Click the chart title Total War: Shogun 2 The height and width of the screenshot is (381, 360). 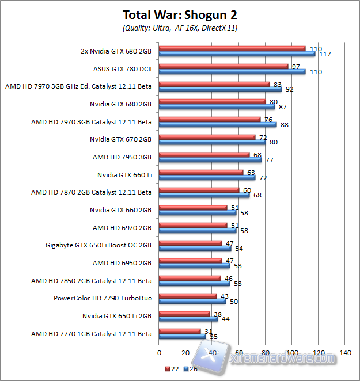pyautogui.click(x=180, y=14)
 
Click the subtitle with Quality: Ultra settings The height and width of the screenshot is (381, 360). pyautogui.click(x=180, y=27)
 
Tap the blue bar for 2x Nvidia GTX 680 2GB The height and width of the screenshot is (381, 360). pyautogui.click(x=237, y=54)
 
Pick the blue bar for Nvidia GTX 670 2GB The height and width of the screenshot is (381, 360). pyautogui.click(x=212, y=142)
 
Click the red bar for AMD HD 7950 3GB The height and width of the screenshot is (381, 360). pyautogui.click(x=204, y=154)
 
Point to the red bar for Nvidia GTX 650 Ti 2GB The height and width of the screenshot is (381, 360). pyautogui.click(x=184, y=314)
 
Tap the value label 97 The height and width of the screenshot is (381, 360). pyautogui.click(x=297, y=67)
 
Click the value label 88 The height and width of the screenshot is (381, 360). pyautogui.click(x=285, y=125)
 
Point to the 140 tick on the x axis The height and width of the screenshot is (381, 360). pyautogui.click(x=345, y=353)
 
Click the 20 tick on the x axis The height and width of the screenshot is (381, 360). pyautogui.click(x=185, y=353)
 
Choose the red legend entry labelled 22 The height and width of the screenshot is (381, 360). pyautogui.click(x=170, y=368)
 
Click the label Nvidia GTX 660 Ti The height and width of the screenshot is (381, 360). pyautogui.click(x=124, y=174)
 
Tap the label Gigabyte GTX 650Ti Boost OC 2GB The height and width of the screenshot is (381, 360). pyautogui.click(x=98, y=245)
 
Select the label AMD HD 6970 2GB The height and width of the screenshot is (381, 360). pyautogui.click(x=122, y=227)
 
